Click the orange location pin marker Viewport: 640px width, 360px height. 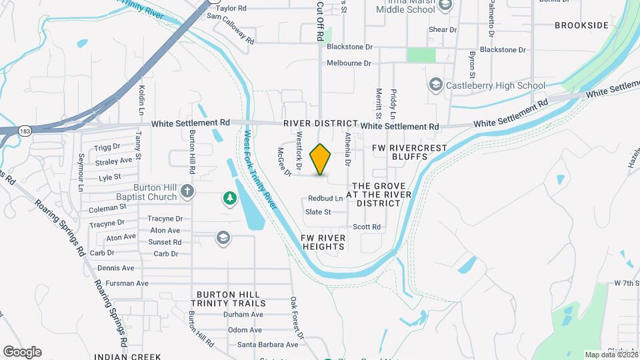point(321,159)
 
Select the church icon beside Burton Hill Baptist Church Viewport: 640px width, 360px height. point(188,192)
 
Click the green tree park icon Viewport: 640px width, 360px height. point(229,198)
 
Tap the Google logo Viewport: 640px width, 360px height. point(22,352)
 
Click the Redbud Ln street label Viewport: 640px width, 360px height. point(325,199)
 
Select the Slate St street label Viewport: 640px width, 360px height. point(318,212)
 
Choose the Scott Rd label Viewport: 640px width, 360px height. point(367,227)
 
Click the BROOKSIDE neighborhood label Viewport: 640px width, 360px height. point(581,25)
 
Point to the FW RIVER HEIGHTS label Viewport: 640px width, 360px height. point(323,242)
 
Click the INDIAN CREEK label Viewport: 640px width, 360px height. point(127,357)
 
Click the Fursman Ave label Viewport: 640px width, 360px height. point(123,283)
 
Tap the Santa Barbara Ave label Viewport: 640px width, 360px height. point(268,345)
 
